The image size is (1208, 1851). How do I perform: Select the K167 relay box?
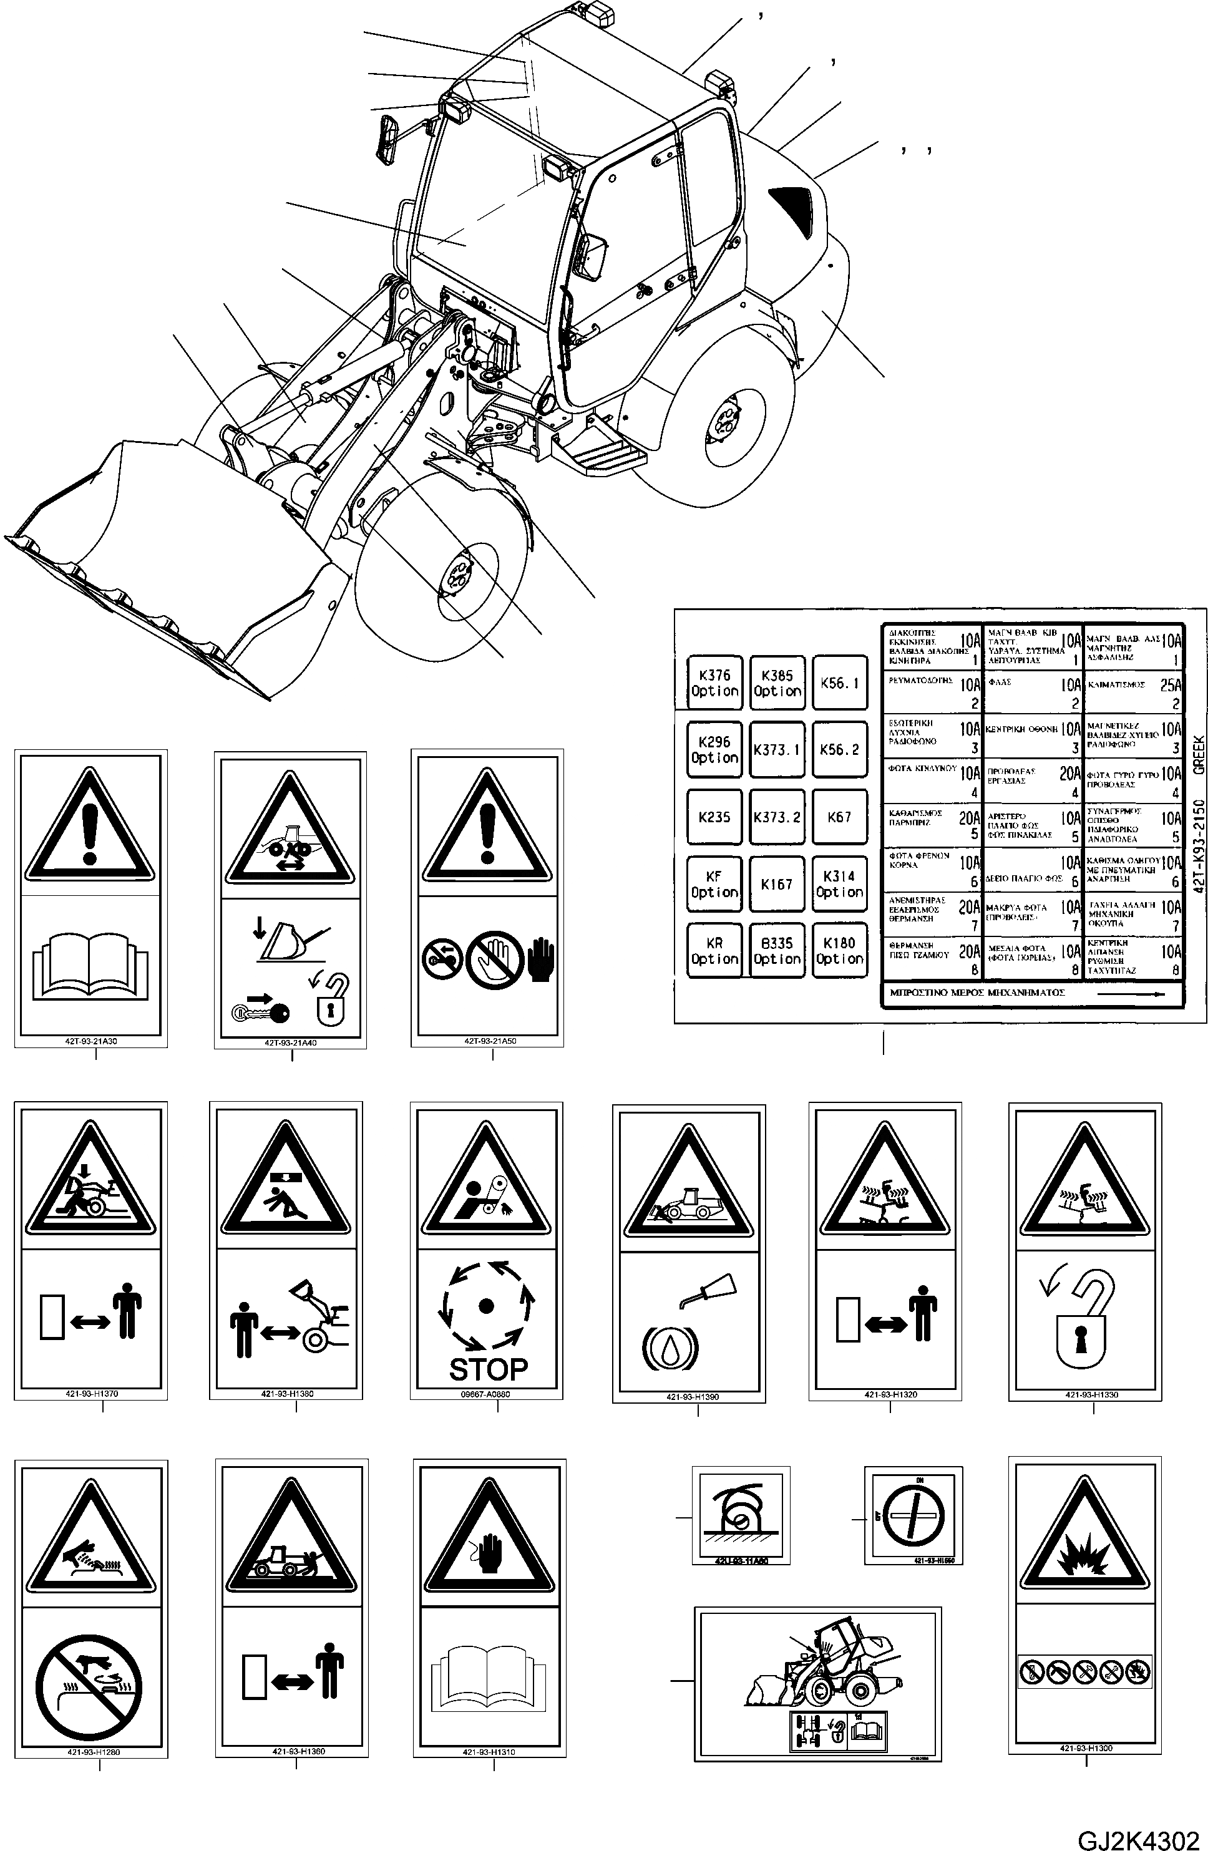click(776, 884)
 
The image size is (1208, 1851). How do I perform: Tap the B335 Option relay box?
click(776, 950)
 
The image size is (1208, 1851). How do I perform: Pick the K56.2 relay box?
click(839, 750)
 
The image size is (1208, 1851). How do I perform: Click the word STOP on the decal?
click(488, 1368)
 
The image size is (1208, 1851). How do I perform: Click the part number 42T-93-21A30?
click(92, 1041)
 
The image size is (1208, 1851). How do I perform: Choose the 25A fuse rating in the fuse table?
click(1170, 685)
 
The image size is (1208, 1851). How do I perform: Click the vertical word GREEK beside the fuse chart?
click(1199, 755)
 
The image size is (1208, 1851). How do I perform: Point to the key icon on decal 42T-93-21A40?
click(261, 1012)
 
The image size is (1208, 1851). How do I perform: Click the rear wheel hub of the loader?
click(726, 425)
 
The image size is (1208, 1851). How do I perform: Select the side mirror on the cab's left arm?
click(388, 141)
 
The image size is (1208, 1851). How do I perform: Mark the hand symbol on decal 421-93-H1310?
click(489, 1555)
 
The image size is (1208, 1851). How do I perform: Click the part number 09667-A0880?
click(485, 1394)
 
